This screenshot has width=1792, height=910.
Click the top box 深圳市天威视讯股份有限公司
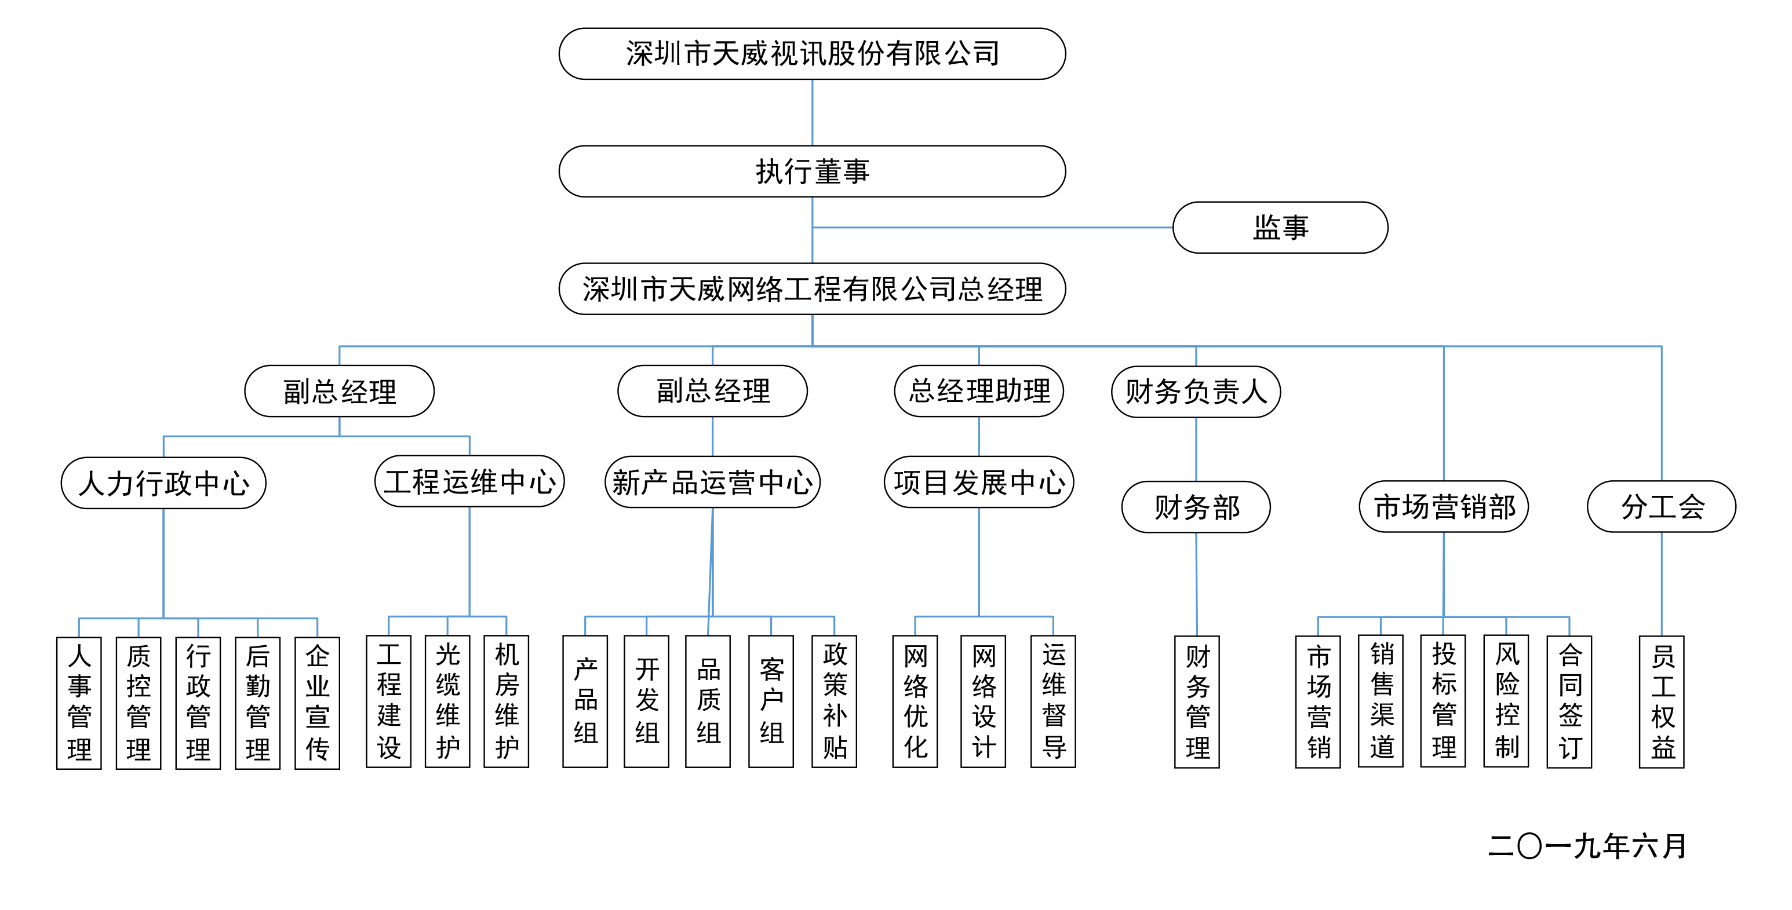812,53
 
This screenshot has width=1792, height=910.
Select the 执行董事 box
812,171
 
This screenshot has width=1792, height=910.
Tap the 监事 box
1280,227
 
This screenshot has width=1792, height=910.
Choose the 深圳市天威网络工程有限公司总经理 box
812,288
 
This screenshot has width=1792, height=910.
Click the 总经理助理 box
979,390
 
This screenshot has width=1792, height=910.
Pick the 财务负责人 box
1196,392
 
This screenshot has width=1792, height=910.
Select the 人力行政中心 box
163,483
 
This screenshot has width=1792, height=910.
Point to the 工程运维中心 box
469,481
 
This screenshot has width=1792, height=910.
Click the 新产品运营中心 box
712,482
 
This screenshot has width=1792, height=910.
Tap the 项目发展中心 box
979,482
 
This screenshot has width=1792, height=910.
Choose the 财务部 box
1196,507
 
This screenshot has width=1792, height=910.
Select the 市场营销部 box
1444,506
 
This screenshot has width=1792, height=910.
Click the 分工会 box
1661,506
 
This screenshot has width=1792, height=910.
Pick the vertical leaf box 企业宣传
317,702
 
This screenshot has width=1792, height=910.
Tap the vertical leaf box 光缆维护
447,701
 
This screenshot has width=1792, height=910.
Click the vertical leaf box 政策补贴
834,701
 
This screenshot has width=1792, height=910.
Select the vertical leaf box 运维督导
1053,701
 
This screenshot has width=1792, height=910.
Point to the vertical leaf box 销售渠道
1381,701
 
